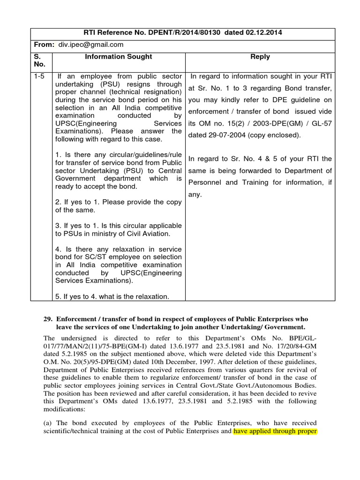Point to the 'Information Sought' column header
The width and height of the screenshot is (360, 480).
point(118,57)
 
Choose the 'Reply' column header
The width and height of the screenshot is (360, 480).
point(260,57)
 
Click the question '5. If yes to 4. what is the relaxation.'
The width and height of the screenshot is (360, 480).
point(112,296)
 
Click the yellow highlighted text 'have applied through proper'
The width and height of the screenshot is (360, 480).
point(275,431)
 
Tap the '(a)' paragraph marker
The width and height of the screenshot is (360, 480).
point(48,423)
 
